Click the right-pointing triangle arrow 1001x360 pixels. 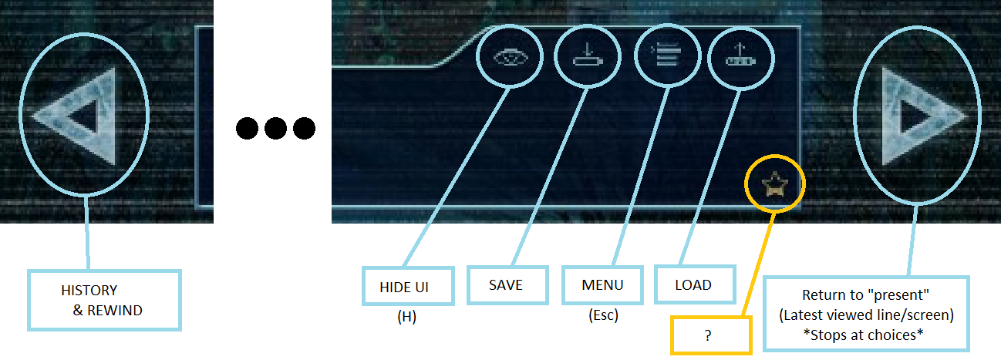[x=919, y=116]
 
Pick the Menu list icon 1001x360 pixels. [x=666, y=56]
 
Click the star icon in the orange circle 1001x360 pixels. [x=773, y=184]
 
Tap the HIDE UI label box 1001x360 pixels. [x=405, y=286]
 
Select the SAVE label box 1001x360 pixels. [x=506, y=285]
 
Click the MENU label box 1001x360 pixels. [x=602, y=285]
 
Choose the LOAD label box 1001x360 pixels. [x=693, y=285]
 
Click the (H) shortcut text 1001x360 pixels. [x=406, y=317]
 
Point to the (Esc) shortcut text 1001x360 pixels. [x=602, y=315]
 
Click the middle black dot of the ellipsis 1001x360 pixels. [x=275, y=128]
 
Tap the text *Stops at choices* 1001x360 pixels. [x=863, y=335]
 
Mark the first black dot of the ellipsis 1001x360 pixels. [x=248, y=128]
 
